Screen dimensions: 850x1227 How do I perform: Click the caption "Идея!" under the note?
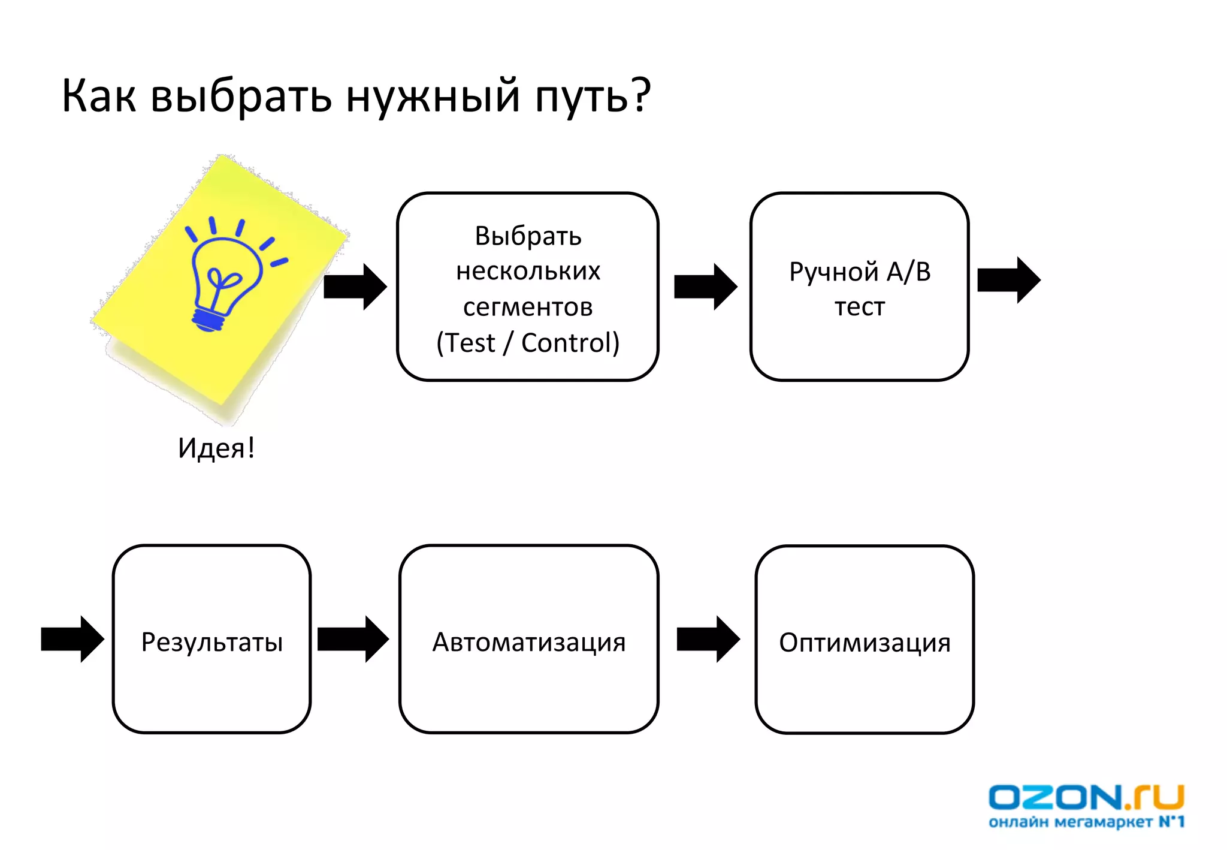(x=216, y=448)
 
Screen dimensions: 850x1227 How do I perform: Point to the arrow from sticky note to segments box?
(x=355, y=287)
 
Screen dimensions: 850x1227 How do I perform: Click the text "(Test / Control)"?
(x=528, y=343)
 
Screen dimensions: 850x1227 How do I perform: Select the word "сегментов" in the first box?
(x=528, y=307)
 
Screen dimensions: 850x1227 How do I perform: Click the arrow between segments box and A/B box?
(x=705, y=287)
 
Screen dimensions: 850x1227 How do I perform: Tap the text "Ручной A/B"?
(x=860, y=272)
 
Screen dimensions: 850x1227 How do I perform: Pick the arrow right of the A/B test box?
(x=1008, y=280)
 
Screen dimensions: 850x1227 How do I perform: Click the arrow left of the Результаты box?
(x=72, y=639)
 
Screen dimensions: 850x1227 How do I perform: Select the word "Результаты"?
(x=212, y=642)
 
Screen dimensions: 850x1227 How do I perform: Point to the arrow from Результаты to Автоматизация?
(x=352, y=639)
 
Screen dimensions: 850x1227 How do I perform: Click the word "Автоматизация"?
(x=529, y=642)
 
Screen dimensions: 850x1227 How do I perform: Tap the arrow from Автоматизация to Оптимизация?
(x=708, y=639)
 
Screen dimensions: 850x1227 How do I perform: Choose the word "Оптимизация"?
(x=865, y=643)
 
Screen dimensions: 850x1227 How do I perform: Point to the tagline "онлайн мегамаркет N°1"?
(x=1086, y=822)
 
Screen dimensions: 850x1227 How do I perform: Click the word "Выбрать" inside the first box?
(x=528, y=236)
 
